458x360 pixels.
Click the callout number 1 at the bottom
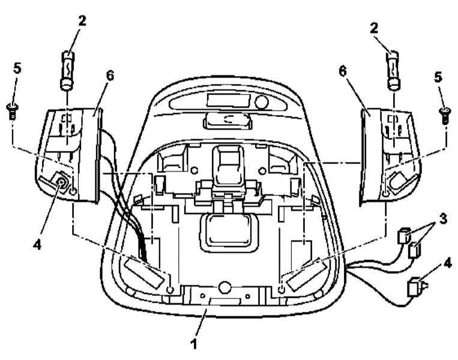(194, 344)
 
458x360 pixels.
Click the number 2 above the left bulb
(82, 21)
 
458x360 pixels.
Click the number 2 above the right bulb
(373, 28)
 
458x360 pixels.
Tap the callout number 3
(443, 218)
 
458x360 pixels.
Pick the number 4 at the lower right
(447, 263)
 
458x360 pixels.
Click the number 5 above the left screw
(17, 70)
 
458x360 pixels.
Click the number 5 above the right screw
(438, 77)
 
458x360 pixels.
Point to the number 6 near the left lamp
(109, 76)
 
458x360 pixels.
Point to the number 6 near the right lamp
(343, 71)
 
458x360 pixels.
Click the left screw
(12, 111)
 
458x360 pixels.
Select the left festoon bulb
(68, 70)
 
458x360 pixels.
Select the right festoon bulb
(393, 70)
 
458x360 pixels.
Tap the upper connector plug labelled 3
(404, 235)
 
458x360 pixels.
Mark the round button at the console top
(261, 101)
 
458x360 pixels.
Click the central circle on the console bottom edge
(224, 287)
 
